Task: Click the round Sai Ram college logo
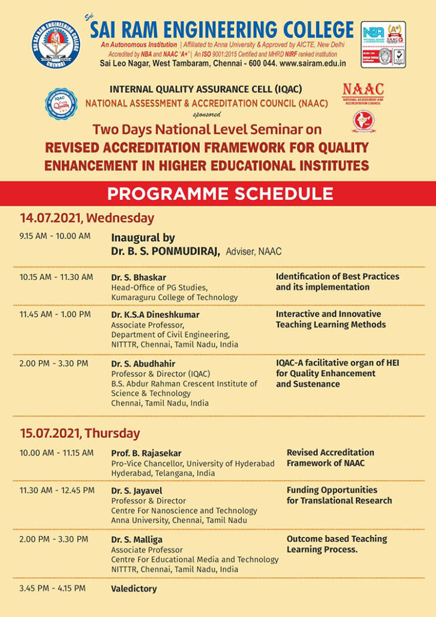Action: click(x=56, y=44)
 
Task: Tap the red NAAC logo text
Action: click(x=363, y=90)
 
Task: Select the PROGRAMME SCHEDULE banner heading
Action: click(x=220, y=194)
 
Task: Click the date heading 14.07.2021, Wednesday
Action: click(x=87, y=218)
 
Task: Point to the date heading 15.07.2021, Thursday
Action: click(x=79, y=433)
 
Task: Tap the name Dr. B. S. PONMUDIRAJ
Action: click(x=165, y=251)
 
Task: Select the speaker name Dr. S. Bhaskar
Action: click(x=139, y=277)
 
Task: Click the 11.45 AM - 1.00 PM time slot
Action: click(x=54, y=314)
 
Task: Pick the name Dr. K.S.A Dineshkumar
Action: click(x=155, y=314)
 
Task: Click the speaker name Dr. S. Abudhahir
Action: click(x=142, y=363)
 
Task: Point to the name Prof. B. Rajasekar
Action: click(x=146, y=453)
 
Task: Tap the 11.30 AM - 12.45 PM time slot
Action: click(x=57, y=490)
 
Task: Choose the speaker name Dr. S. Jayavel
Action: click(x=138, y=490)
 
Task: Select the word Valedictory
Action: click(x=133, y=589)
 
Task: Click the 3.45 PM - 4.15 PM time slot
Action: click(x=52, y=588)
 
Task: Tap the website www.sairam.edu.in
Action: click(x=313, y=63)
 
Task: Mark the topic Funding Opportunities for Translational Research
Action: click(x=339, y=495)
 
